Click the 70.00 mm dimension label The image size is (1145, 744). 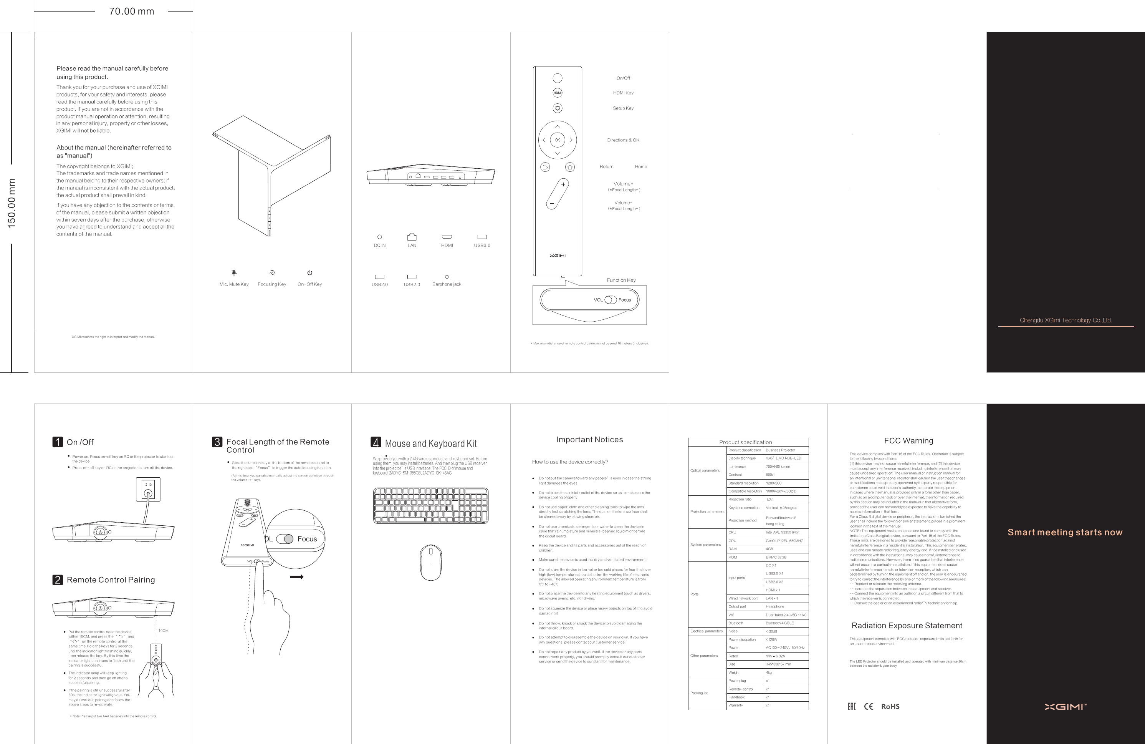click(x=131, y=11)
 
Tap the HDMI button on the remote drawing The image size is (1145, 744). click(x=557, y=93)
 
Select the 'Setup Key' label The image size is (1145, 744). click(x=623, y=108)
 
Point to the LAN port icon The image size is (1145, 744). click(x=412, y=237)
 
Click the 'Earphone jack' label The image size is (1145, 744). click(x=447, y=284)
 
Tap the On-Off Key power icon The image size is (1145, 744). click(x=310, y=272)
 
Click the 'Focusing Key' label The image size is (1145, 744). click(x=272, y=284)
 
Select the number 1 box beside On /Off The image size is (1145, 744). click(x=58, y=442)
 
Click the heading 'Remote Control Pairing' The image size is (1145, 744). click(x=111, y=580)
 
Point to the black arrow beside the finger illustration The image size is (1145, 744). click(x=296, y=577)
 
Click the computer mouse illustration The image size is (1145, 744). click(x=430, y=563)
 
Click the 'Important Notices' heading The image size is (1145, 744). click(x=589, y=440)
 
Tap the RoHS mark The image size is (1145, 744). click(x=890, y=706)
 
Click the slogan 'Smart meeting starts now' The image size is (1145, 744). click(x=1065, y=532)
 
